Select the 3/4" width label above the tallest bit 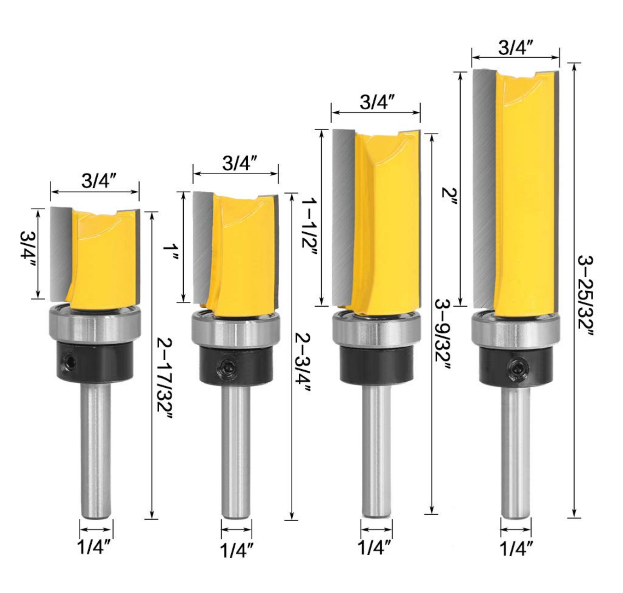(515, 48)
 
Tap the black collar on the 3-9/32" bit (376, 365)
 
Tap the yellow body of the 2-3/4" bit (242, 258)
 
